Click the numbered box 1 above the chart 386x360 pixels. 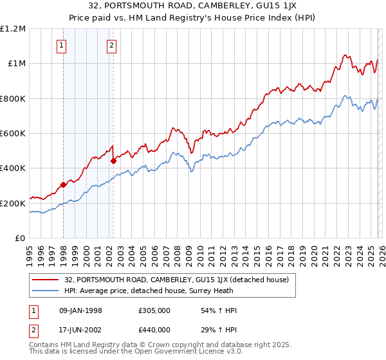click(61, 45)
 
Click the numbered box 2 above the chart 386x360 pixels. click(112, 45)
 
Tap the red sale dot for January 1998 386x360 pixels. click(63, 185)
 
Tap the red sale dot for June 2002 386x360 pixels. click(114, 161)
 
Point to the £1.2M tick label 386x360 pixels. click(13, 29)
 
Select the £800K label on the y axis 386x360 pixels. click(13, 98)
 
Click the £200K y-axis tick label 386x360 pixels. click(13, 203)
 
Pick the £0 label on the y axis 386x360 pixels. click(19, 238)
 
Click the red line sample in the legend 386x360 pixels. click(45, 280)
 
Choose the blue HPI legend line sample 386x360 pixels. click(45, 290)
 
